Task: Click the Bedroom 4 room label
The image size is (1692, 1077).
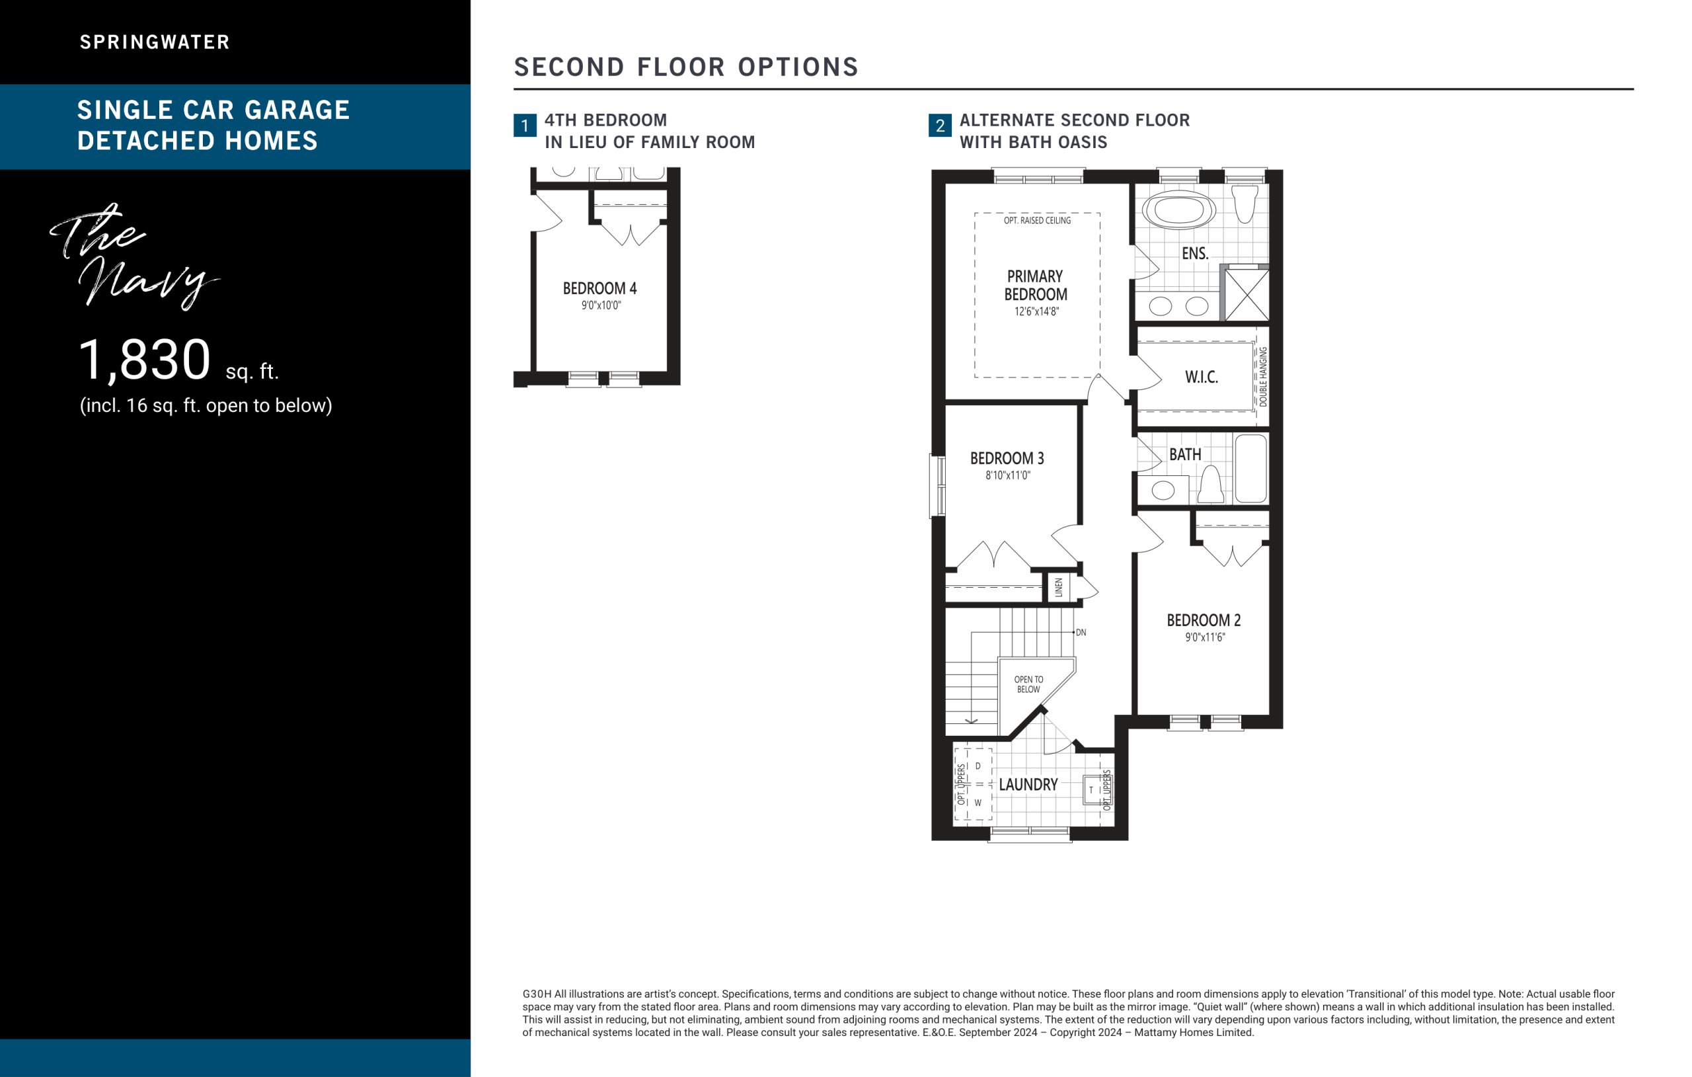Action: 599,288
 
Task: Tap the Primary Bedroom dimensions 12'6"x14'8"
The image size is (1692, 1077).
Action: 1036,311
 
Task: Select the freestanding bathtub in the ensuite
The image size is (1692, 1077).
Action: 1178,210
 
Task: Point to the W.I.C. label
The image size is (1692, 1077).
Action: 1201,378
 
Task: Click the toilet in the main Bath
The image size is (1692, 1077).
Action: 1211,485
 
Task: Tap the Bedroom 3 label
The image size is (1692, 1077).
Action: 1007,458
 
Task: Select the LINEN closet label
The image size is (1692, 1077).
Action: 1059,587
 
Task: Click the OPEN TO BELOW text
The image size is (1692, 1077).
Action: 1028,684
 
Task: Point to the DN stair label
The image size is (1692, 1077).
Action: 1081,633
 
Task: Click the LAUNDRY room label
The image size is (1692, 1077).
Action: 1028,785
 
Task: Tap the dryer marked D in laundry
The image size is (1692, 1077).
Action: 978,766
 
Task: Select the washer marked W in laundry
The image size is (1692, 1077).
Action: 978,802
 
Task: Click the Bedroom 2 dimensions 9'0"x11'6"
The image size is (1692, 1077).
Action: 1205,637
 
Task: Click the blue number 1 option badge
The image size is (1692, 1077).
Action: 525,126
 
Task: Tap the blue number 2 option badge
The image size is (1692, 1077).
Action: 940,126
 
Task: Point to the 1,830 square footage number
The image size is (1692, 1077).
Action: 144,360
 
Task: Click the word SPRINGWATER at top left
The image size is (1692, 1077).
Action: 155,42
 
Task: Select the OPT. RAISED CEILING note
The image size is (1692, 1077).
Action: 1037,221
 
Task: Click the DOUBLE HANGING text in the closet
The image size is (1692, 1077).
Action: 1262,377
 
